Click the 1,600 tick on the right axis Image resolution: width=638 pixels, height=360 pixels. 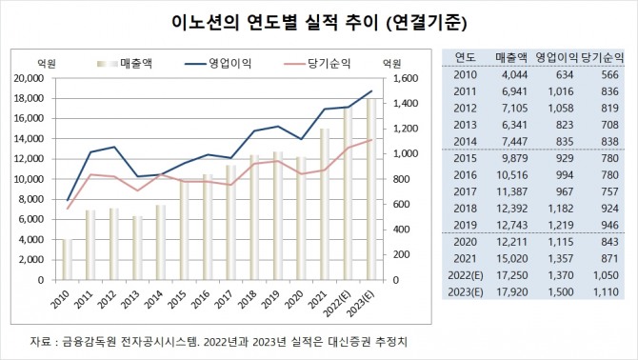point(404,78)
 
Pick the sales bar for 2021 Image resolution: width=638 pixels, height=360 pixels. point(325,204)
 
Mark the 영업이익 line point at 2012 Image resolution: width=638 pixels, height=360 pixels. point(114,148)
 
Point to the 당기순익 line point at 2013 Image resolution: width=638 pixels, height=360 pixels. point(139,190)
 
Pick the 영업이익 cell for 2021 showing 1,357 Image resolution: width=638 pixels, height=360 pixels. point(562,258)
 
